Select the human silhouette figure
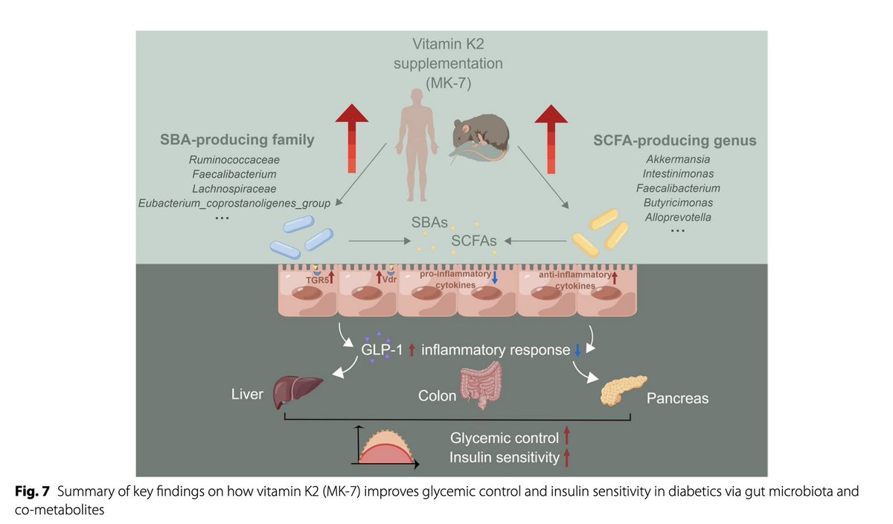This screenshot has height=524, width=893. click(417, 146)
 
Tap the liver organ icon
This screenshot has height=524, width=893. click(298, 392)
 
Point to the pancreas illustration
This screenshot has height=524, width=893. click(623, 390)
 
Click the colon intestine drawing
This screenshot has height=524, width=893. click(481, 386)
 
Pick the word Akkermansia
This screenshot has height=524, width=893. click(678, 159)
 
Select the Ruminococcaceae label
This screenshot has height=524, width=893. click(234, 160)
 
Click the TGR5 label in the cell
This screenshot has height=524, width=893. click(317, 280)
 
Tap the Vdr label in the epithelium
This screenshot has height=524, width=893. click(389, 279)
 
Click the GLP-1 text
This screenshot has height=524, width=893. click(382, 350)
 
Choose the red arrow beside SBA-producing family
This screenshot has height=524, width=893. click(351, 138)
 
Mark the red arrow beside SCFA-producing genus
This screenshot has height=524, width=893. click(551, 139)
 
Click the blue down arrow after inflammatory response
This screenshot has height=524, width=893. click(577, 350)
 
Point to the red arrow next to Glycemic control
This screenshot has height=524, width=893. click(566, 436)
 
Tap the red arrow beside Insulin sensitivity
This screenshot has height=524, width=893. click(566, 458)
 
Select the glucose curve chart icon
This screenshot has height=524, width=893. click(385, 447)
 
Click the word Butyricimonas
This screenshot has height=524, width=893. click(678, 203)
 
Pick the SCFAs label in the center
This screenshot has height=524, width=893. click(473, 241)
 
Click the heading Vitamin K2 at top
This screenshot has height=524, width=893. click(448, 44)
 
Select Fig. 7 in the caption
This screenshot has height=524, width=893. click(32, 491)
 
